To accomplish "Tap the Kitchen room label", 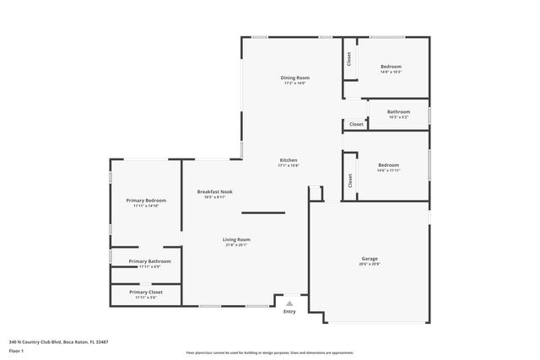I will click(x=289, y=160).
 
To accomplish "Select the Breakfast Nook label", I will click(x=215, y=191).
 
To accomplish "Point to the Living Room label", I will click(x=236, y=239).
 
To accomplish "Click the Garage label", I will click(x=370, y=259).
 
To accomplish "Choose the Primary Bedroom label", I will click(x=147, y=200).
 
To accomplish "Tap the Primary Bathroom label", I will click(x=149, y=261).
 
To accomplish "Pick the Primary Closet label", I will click(x=147, y=292).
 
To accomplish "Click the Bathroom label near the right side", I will click(x=398, y=111).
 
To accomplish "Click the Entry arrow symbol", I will click(x=289, y=304).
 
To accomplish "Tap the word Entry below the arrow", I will click(x=289, y=312).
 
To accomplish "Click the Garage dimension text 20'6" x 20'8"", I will click(x=370, y=265).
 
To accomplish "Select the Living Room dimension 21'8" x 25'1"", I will click(x=236, y=245).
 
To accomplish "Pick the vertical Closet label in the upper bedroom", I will click(x=348, y=59).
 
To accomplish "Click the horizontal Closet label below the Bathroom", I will click(x=356, y=124).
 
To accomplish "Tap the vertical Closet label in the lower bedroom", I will click(x=348, y=180).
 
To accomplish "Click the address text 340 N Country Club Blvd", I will click(x=59, y=341).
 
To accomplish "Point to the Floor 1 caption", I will click(x=17, y=350).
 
